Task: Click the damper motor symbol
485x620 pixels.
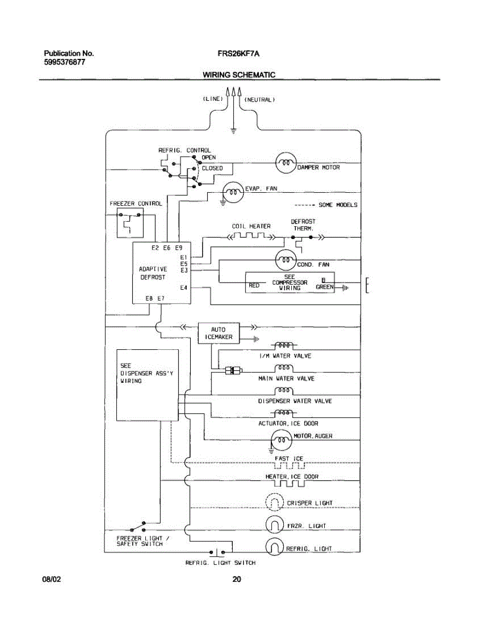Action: click(x=284, y=163)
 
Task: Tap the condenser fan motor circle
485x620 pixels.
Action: click(x=285, y=260)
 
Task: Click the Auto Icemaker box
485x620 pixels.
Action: click(x=219, y=333)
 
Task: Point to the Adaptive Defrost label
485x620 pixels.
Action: click(x=153, y=273)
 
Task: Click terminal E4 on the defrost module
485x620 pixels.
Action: click(x=183, y=288)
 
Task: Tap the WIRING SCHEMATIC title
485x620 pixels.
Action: click(x=239, y=75)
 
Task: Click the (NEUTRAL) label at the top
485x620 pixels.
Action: click(x=259, y=99)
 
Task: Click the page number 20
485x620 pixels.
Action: click(x=237, y=579)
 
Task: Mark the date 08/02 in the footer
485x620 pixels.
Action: click(x=52, y=579)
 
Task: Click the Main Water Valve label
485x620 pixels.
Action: click(x=286, y=379)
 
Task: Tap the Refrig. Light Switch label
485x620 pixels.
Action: click(x=220, y=563)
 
